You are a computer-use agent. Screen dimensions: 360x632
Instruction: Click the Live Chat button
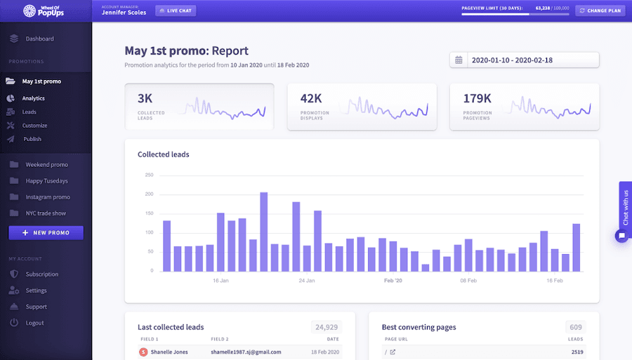click(x=176, y=11)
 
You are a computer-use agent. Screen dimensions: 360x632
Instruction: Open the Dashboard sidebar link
click(x=39, y=39)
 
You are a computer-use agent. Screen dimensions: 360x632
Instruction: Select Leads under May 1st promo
click(x=29, y=112)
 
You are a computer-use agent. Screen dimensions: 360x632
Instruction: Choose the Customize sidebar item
click(x=34, y=126)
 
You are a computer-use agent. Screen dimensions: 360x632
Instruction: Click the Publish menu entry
click(x=32, y=139)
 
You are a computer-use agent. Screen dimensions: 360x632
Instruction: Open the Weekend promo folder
click(x=46, y=165)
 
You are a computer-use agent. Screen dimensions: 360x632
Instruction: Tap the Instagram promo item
click(x=48, y=197)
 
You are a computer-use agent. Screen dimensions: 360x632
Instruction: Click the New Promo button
click(x=46, y=232)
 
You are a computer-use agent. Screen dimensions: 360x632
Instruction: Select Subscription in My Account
click(x=42, y=274)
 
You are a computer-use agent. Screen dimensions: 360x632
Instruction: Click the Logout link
click(x=34, y=323)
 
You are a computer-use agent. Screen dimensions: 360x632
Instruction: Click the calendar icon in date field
click(x=459, y=60)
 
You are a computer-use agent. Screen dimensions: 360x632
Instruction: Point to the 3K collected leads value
click(x=145, y=98)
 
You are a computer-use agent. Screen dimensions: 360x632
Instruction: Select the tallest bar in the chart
click(x=264, y=231)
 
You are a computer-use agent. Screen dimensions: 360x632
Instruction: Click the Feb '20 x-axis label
click(x=393, y=281)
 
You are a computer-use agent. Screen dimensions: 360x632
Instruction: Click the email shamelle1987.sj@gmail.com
click(x=246, y=352)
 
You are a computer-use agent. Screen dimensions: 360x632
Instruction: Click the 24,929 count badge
click(x=327, y=327)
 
